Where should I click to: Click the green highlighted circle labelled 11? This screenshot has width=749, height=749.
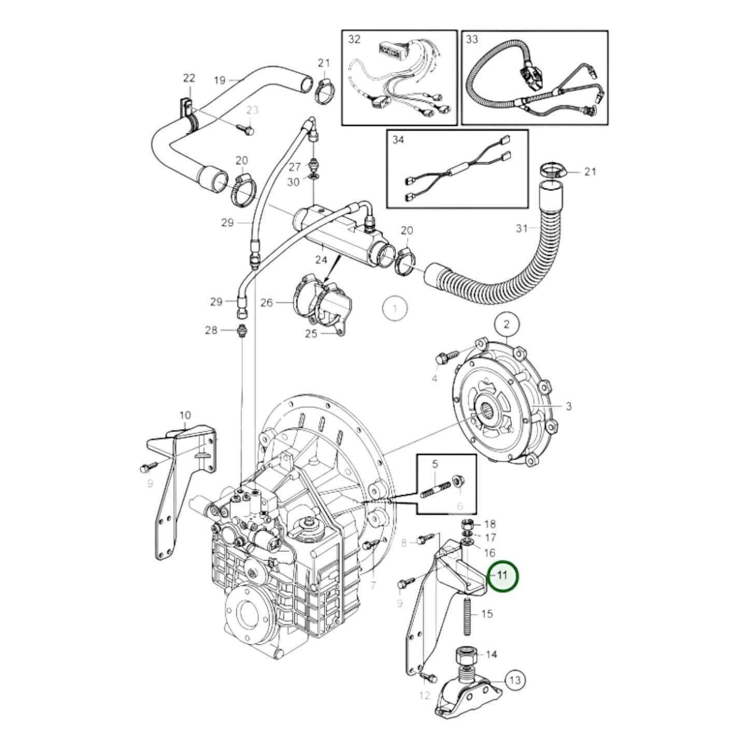502,575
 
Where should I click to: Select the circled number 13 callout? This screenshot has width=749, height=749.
514,680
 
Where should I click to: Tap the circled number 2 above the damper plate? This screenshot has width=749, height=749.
506,325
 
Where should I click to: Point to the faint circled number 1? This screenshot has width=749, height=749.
395,309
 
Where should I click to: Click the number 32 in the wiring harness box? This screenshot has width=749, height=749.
354,40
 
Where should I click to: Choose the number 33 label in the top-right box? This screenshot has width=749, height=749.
472,40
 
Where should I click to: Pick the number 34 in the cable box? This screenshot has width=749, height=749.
398,140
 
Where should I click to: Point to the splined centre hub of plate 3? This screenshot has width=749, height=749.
490,408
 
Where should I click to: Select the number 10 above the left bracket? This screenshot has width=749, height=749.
185,415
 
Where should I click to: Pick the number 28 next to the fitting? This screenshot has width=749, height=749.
211,330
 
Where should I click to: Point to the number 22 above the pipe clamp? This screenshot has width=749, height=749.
189,78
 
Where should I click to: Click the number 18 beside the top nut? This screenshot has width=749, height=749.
489,524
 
